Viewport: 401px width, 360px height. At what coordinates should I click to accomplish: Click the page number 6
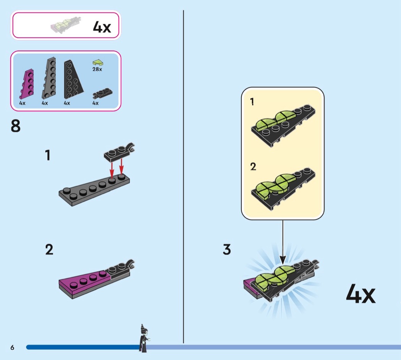(x=12, y=347)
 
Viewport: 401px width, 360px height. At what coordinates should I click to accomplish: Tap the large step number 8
(x=16, y=126)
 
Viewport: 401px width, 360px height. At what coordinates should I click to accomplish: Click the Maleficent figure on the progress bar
(x=144, y=338)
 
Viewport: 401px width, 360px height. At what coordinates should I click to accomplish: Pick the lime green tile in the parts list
(x=98, y=62)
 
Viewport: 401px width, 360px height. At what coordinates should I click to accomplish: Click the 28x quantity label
(x=97, y=69)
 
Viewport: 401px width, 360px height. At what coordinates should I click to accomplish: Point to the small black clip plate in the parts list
(x=102, y=94)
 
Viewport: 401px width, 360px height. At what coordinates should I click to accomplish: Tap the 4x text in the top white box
(x=102, y=27)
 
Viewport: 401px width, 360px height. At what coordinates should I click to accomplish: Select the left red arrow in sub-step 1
(x=112, y=168)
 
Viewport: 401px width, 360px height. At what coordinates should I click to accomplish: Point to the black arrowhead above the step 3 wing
(x=283, y=260)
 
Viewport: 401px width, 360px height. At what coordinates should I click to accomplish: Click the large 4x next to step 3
(x=361, y=294)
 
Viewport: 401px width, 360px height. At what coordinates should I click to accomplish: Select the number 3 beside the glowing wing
(x=227, y=249)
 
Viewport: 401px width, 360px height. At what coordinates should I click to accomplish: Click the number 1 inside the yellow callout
(x=252, y=102)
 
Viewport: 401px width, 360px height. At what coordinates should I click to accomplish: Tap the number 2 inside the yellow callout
(x=253, y=167)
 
